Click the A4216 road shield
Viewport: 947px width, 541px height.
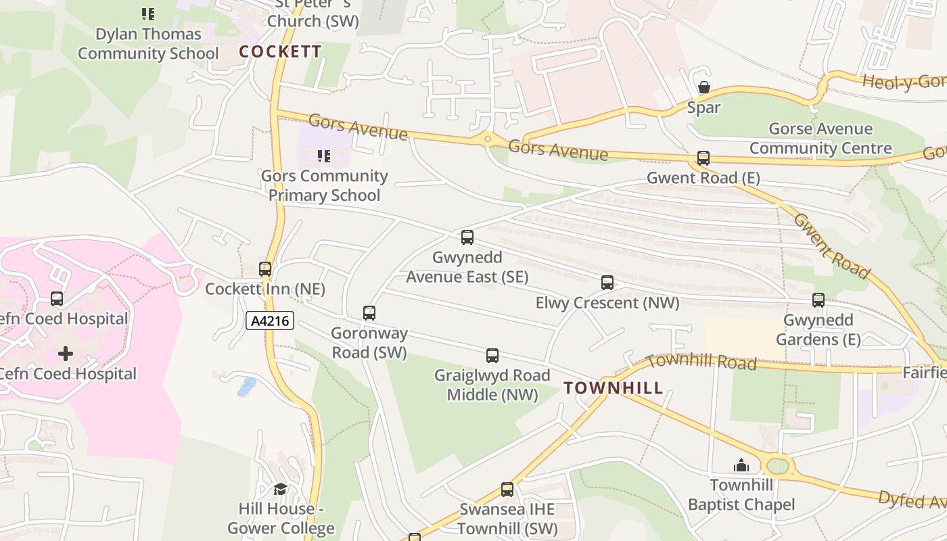pyautogui.click(x=270, y=321)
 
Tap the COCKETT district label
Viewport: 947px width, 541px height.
pyautogui.click(x=280, y=51)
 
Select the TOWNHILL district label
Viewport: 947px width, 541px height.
pyautogui.click(x=614, y=388)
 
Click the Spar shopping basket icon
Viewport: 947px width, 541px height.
pyautogui.click(x=704, y=88)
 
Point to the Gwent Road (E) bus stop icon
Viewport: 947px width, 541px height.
pyautogui.click(x=703, y=158)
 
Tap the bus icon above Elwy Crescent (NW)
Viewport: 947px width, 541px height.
pyautogui.click(x=607, y=283)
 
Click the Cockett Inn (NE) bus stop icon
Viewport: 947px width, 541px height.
pyautogui.click(x=265, y=269)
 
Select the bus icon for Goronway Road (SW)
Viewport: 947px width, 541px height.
pyautogui.click(x=369, y=313)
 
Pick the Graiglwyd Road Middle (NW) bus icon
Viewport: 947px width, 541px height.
pyautogui.click(x=492, y=356)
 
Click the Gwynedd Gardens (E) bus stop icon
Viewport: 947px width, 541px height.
pyautogui.click(x=818, y=300)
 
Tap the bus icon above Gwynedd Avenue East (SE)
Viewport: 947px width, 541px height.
pyautogui.click(x=467, y=237)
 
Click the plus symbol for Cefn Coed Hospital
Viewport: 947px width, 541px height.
pyautogui.click(x=66, y=354)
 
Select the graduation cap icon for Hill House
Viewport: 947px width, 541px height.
pyautogui.click(x=280, y=489)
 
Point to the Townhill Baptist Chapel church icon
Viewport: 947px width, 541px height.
pyautogui.click(x=741, y=465)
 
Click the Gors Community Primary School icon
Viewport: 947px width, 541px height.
pyautogui.click(x=324, y=156)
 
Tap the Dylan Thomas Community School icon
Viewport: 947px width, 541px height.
pyautogui.click(x=148, y=14)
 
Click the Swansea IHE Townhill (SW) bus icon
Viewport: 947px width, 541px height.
pyautogui.click(x=507, y=490)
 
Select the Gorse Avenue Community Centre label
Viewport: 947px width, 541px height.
pyautogui.click(x=820, y=139)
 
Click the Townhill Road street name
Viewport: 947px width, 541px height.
pyautogui.click(x=701, y=362)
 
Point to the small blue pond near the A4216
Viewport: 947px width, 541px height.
pyautogui.click(x=246, y=387)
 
